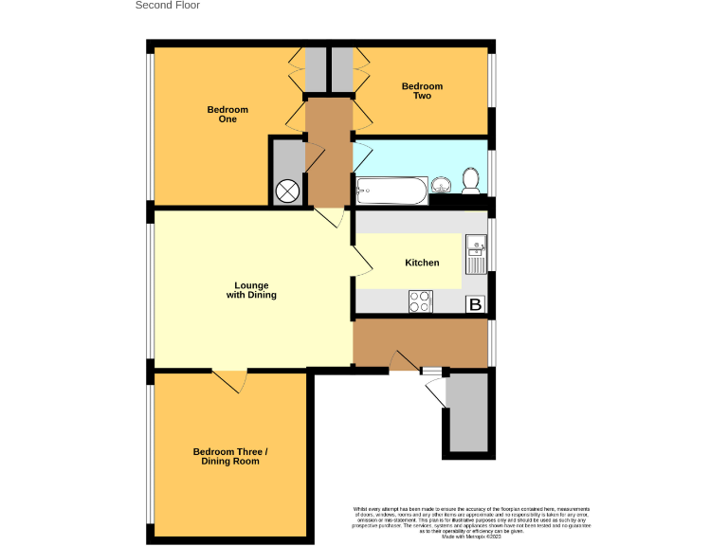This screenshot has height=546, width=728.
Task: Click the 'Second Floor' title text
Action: [168, 6]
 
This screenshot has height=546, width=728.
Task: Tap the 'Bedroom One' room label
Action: [227, 115]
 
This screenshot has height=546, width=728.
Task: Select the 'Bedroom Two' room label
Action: [422, 91]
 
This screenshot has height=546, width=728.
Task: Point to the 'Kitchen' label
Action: [422, 263]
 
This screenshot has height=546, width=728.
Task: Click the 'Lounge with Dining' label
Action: [251, 290]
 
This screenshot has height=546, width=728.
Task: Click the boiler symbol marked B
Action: [475, 304]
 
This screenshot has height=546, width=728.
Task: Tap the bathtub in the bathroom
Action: [391, 192]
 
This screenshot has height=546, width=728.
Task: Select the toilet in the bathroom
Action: [470, 178]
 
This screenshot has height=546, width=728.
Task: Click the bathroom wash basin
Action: [442, 184]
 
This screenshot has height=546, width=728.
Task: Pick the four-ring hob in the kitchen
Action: [419, 302]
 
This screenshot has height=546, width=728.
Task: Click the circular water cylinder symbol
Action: [287, 191]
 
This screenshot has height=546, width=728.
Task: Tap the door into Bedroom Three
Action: [230, 380]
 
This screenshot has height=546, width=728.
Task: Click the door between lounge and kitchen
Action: [359, 261]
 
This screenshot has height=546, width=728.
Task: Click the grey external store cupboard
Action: [467, 412]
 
